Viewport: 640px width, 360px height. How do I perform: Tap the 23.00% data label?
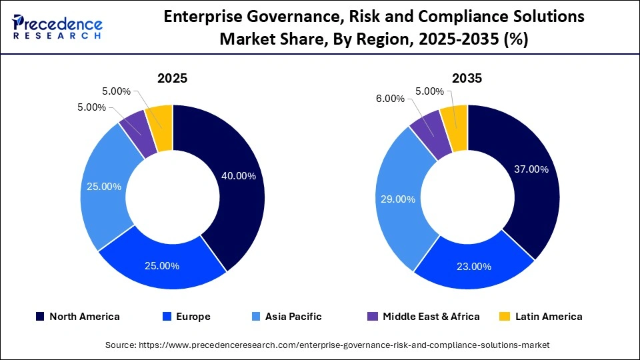473,267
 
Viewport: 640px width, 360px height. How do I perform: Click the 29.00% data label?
397,199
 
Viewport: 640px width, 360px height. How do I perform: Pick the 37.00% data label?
531,169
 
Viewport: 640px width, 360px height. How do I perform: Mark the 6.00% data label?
390,99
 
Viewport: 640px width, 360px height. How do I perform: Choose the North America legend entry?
77,317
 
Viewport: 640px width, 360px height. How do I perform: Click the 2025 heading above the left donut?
172,79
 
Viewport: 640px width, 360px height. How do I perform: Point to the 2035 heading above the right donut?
467,79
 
